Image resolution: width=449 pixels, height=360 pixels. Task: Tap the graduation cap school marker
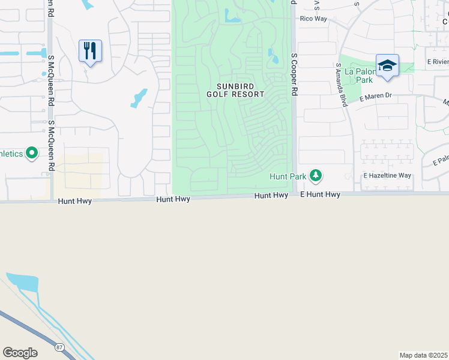click(387, 65)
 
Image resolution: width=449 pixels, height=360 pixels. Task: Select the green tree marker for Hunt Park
click(315, 176)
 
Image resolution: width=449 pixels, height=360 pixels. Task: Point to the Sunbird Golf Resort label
click(235, 90)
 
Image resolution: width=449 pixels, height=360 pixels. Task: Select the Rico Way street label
click(313, 19)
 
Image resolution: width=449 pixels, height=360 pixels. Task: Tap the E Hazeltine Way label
click(387, 176)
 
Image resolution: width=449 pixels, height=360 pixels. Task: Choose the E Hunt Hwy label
click(320, 195)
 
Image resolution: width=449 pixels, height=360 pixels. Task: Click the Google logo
click(20, 353)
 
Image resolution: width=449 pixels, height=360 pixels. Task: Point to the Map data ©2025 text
click(424, 355)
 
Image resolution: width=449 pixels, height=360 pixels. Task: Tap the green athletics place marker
click(31, 154)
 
